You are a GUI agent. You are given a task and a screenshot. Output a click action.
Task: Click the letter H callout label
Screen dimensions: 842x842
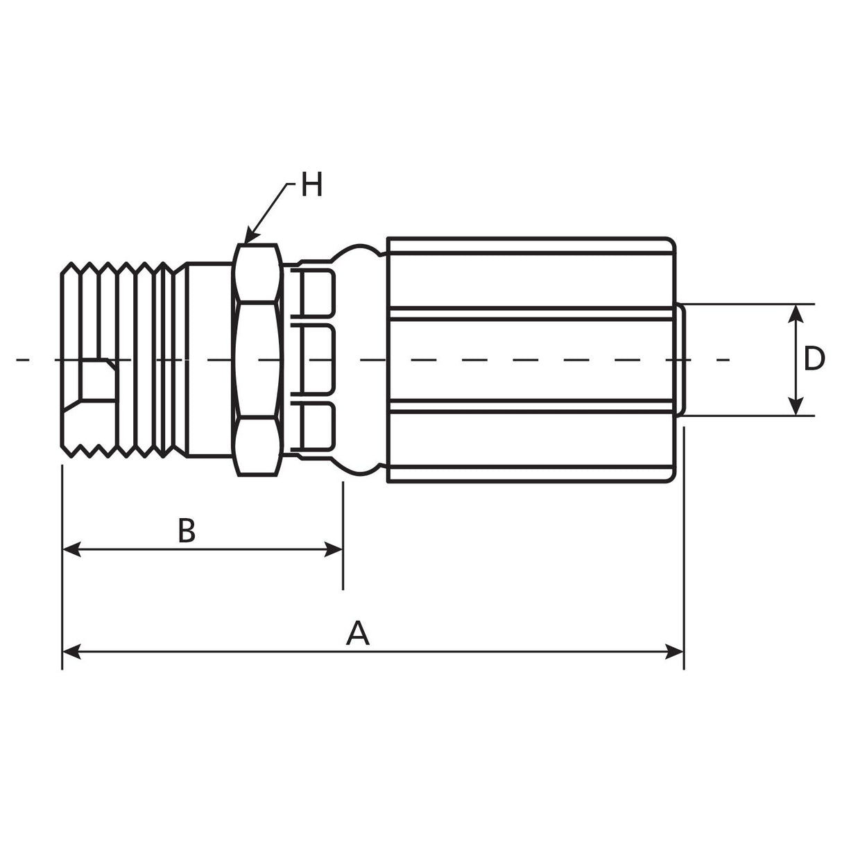[x=311, y=184]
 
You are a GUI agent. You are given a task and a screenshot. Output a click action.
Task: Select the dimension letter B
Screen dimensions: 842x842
[x=187, y=531]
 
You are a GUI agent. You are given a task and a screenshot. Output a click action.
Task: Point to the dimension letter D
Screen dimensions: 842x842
[x=814, y=359]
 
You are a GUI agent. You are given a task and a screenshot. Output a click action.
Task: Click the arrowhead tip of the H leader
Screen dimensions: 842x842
[x=245, y=243]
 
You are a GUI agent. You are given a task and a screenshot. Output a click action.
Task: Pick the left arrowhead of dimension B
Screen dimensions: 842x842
[x=63, y=549]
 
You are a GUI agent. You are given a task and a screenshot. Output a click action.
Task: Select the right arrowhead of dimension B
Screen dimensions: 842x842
[x=342, y=549]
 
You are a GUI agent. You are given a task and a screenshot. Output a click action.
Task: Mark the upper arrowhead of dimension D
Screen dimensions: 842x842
[x=797, y=305]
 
